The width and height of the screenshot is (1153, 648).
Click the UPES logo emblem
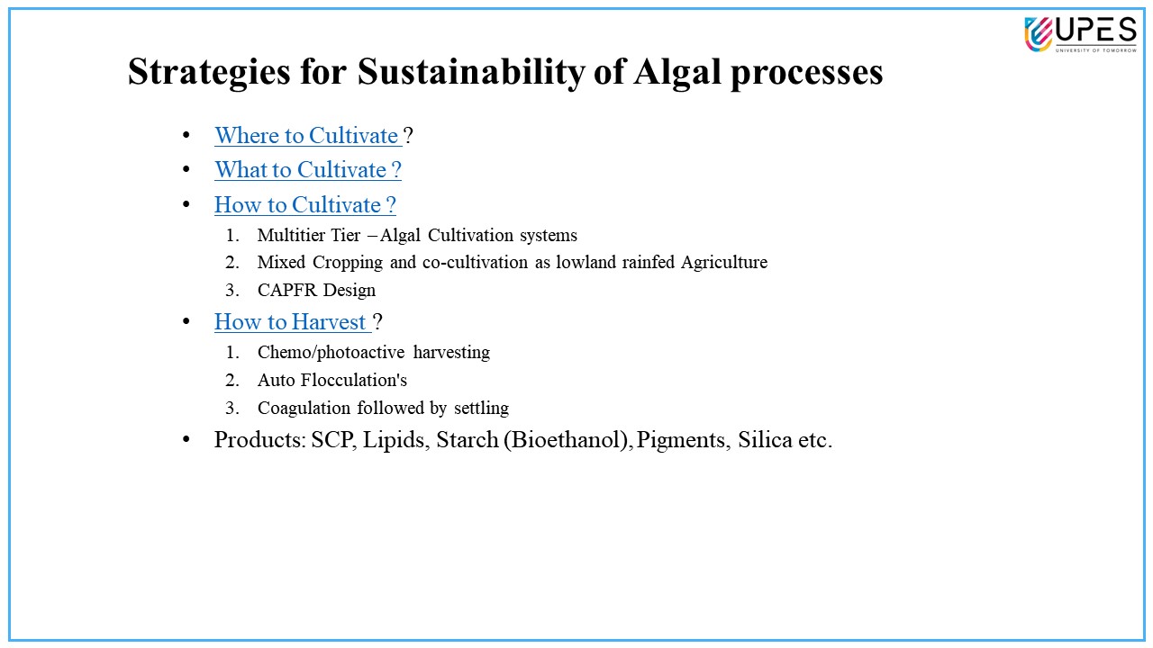click(x=1038, y=34)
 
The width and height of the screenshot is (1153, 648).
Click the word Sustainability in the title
click(x=470, y=72)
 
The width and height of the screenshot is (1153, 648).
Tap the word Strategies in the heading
click(x=209, y=73)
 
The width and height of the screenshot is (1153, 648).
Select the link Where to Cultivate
click(x=308, y=136)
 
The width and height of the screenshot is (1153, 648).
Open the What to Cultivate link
click(x=308, y=170)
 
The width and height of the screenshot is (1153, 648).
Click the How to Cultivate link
click(x=305, y=204)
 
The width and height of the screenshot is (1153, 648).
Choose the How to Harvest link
click(x=293, y=322)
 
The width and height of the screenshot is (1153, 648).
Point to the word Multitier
click(x=290, y=235)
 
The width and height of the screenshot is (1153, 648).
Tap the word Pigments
click(x=680, y=441)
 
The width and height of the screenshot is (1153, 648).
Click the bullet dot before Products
click(x=186, y=440)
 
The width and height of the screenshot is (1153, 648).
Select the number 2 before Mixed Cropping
click(x=232, y=262)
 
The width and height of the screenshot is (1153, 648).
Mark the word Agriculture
click(x=724, y=263)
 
